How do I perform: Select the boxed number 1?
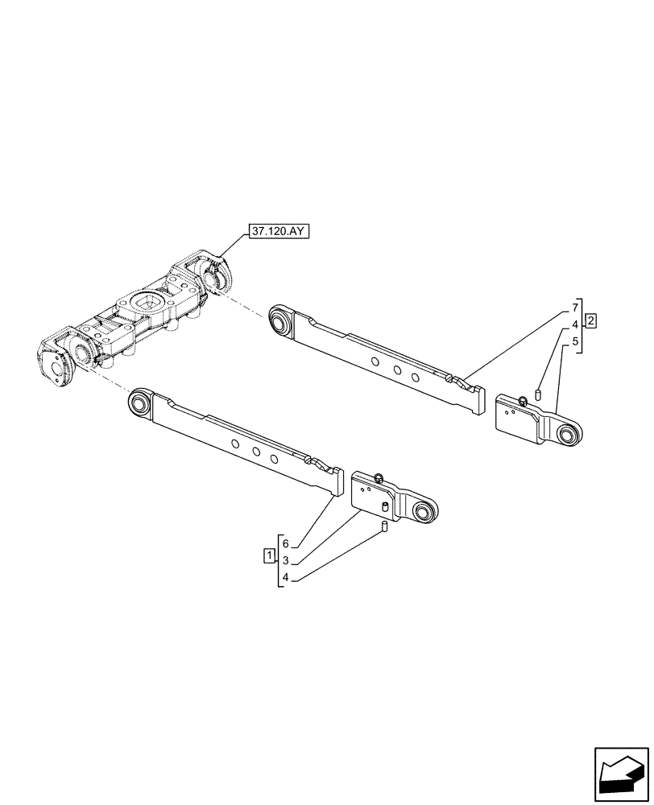[x=267, y=555]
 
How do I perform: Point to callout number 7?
[x=575, y=308]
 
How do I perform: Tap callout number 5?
[x=575, y=341]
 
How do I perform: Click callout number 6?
[x=285, y=543]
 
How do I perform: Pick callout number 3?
[x=285, y=560]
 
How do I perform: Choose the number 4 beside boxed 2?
[x=575, y=324]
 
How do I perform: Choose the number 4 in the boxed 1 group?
[x=285, y=577]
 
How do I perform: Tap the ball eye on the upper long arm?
[x=281, y=320]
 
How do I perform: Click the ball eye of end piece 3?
[x=424, y=511]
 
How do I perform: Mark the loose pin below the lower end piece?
[x=385, y=527]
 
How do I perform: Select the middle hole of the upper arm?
[x=397, y=371]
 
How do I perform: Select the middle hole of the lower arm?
[x=255, y=452]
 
